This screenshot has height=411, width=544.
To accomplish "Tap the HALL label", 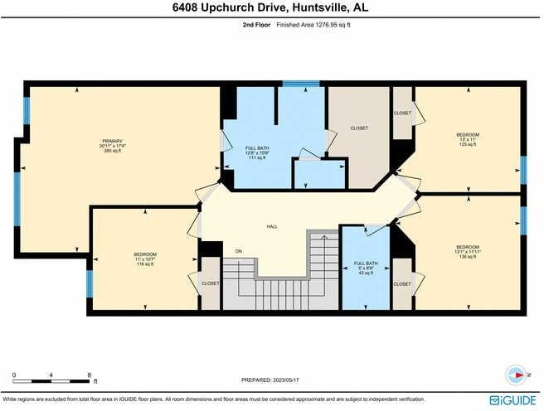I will [271, 225].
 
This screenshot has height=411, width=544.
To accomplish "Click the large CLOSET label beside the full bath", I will [359, 128].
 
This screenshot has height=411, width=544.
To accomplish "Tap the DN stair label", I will [238, 251].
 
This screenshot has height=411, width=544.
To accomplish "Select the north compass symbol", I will [516, 375].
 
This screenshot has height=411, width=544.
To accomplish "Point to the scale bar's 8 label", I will [89, 375].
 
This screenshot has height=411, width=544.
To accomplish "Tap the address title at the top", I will [272, 8].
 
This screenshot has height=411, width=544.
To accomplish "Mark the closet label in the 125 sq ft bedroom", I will [402, 114].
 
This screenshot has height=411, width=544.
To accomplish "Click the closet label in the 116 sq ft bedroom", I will [211, 283].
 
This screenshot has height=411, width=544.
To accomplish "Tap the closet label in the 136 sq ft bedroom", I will [402, 283].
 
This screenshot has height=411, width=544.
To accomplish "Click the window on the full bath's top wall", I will [289, 83].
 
